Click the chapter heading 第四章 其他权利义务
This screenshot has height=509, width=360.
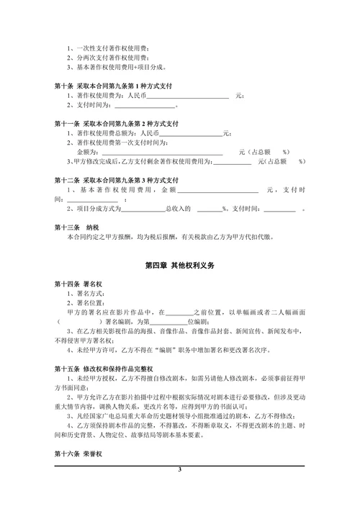[180, 266]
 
